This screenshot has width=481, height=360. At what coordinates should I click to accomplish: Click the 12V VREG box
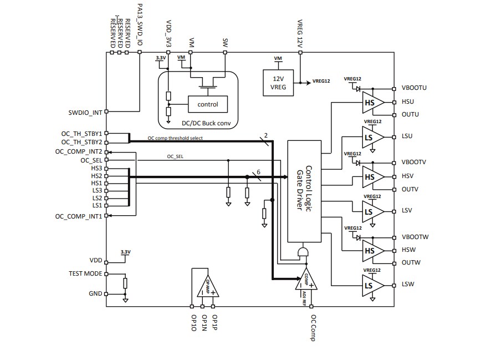point(278,82)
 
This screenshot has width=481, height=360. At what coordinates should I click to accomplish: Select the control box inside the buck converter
point(203,104)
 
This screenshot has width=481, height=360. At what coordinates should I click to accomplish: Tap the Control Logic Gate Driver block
point(304,191)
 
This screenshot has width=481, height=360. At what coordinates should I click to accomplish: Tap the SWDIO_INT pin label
point(82,113)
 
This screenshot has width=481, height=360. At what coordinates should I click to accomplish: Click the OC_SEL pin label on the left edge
point(91,160)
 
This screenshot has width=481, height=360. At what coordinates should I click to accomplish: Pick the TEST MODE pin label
point(85,273)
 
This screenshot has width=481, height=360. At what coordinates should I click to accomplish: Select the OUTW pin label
point(411,262)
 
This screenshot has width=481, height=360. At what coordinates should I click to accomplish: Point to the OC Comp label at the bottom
point(313,328)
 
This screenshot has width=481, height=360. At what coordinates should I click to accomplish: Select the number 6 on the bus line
point(258,173)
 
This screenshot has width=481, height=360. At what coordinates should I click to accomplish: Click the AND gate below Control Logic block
point(303,252)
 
